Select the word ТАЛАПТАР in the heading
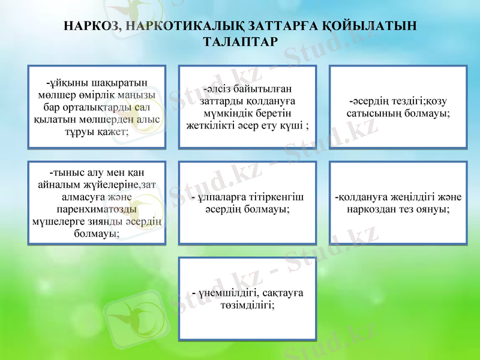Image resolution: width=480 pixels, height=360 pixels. (239, 42)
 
